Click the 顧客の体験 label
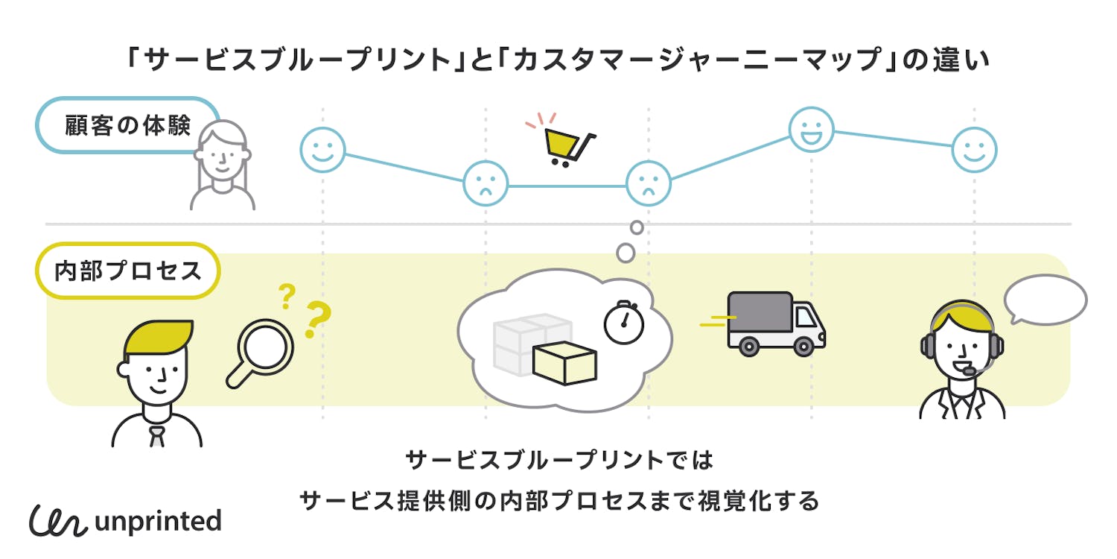click(x=127, y=124)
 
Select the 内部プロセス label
click(x=128, y=271)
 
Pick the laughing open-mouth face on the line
click(x=811, y=130)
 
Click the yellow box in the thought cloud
click(x=564, y=363)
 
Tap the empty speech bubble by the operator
click(x=1046, y=299)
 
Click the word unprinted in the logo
click(x=158, y=521)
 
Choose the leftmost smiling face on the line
click(x=322, y=149)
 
